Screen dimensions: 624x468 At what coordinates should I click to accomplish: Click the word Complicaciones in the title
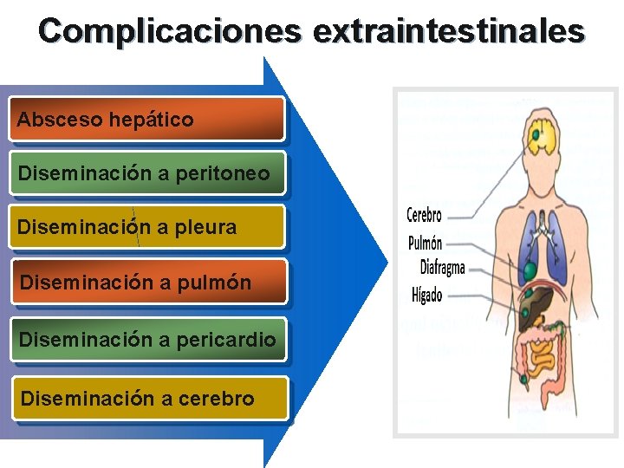click(x=170, y=31)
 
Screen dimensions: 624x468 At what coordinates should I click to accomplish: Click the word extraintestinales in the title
click(x=449, y=31)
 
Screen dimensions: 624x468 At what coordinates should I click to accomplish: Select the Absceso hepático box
click(x=147, y=120)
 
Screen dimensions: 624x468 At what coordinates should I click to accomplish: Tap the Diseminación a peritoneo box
click(x=147, y=174)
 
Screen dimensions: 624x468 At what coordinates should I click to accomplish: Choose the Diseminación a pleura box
click(x=147, y=228)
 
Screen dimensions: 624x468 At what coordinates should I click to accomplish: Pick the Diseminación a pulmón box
click(x=147, y=282)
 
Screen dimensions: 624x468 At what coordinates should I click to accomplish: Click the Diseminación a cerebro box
click(x=147, y=399)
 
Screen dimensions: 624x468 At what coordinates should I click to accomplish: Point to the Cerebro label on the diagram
click(x=424, y=215)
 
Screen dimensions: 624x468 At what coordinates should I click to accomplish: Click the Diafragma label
click(x=442, y=267)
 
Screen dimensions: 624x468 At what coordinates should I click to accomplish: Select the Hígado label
click(x=426, y=295)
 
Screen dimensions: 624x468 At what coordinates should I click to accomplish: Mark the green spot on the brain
click(x=537, y=134)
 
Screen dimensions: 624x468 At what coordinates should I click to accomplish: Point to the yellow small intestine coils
click(x=544, y=356)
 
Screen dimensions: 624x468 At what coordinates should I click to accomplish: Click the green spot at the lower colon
click(x=523, y=378)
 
